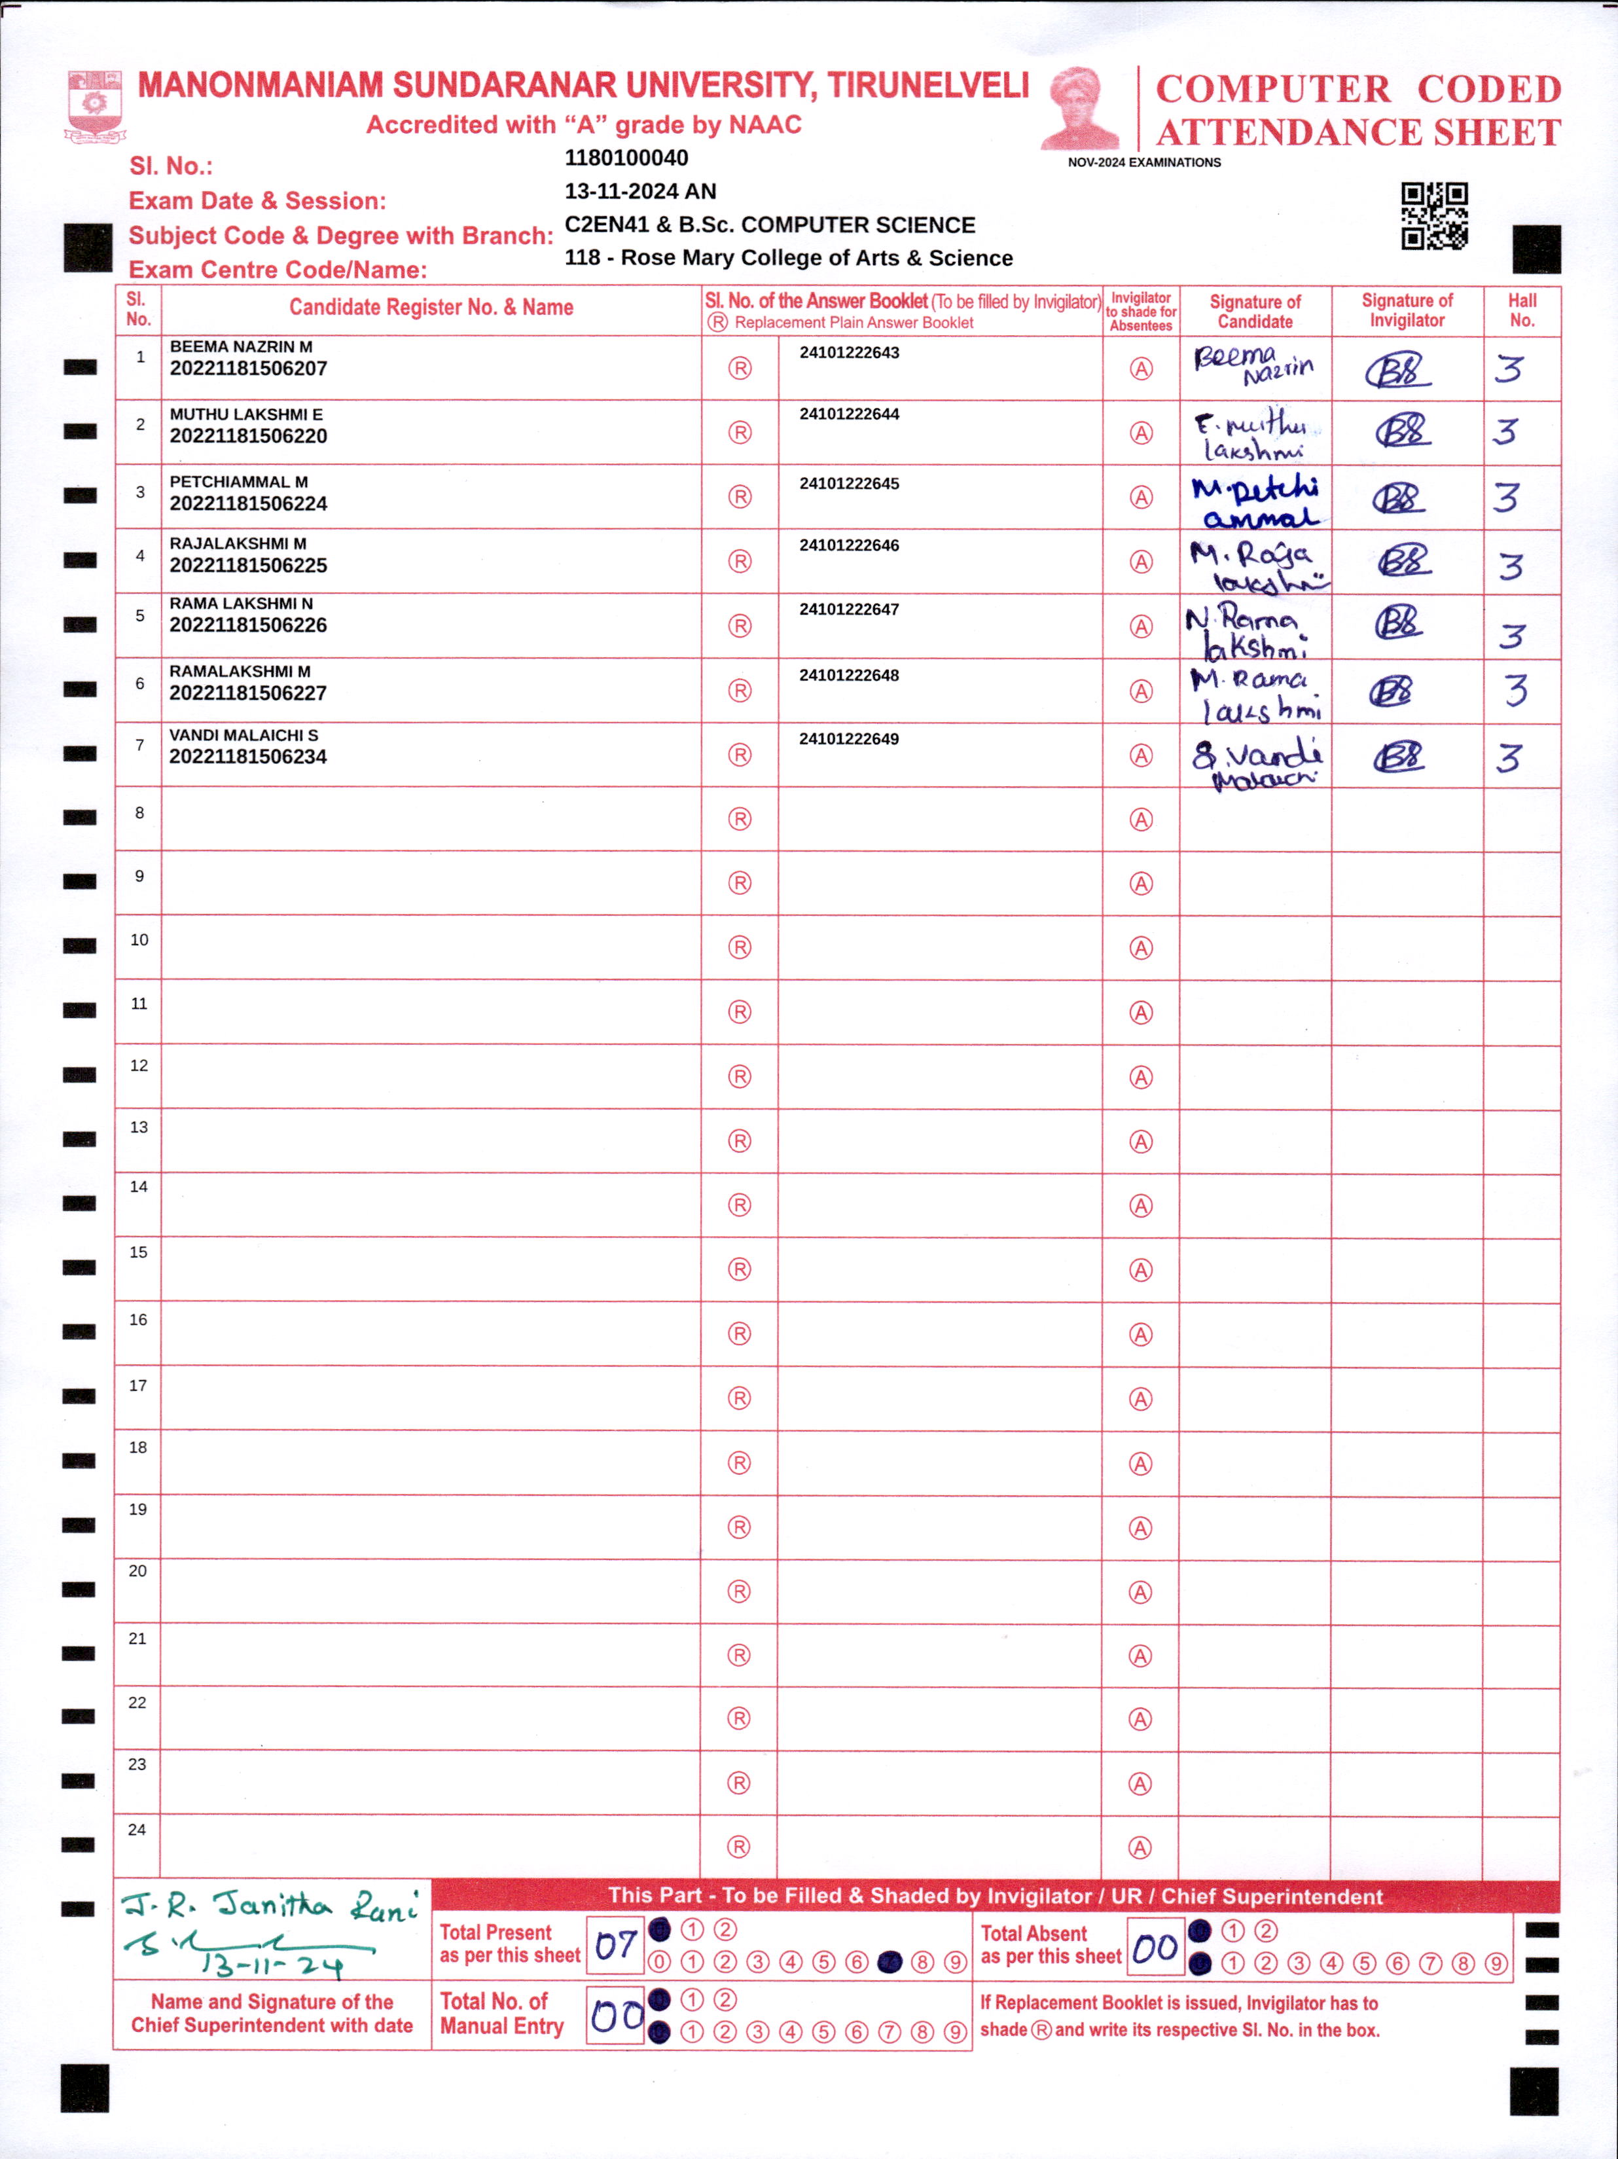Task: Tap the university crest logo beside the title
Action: pos(95,105)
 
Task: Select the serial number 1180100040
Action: pos(626,158)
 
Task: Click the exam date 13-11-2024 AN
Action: pos(640,191)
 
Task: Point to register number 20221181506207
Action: pos(248,369)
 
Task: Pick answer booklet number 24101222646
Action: pos(849,545)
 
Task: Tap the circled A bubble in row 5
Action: pos(1141,626)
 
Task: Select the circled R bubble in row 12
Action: pos(740,1077)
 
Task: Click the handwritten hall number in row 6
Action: pos(1515,690)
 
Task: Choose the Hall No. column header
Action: pos(1521,310)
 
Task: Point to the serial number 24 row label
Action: pos(137,1829)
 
